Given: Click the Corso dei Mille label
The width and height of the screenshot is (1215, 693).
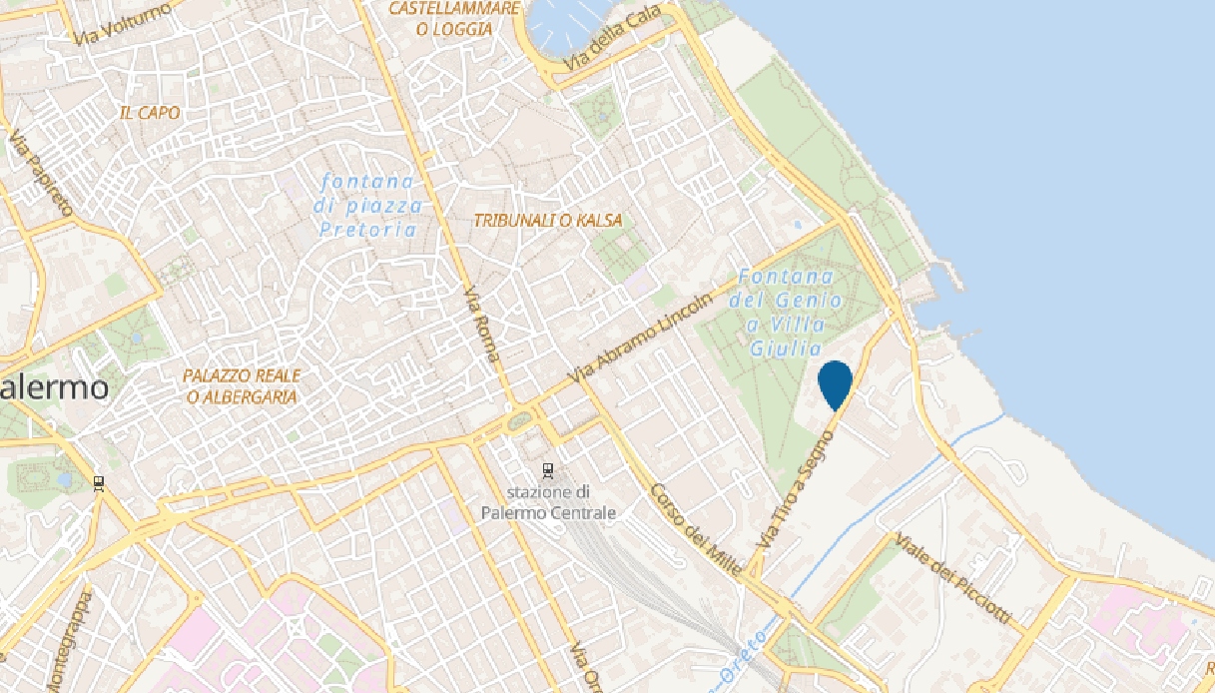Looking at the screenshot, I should (696, 529).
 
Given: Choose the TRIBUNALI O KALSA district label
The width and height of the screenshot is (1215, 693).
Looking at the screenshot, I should (548, 221).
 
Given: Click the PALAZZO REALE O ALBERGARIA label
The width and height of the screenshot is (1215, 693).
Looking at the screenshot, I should (242, 386).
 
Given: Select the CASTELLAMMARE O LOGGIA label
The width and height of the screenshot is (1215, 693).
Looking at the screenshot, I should (455, 19).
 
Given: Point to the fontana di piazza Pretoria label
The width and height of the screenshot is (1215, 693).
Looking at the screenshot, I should (368, 206).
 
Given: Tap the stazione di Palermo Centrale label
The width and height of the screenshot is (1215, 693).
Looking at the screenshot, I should (547, 502).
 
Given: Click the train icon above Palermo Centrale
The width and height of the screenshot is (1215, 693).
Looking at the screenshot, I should (547, 469).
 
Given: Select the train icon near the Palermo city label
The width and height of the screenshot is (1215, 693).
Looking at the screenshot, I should (98, 484).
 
